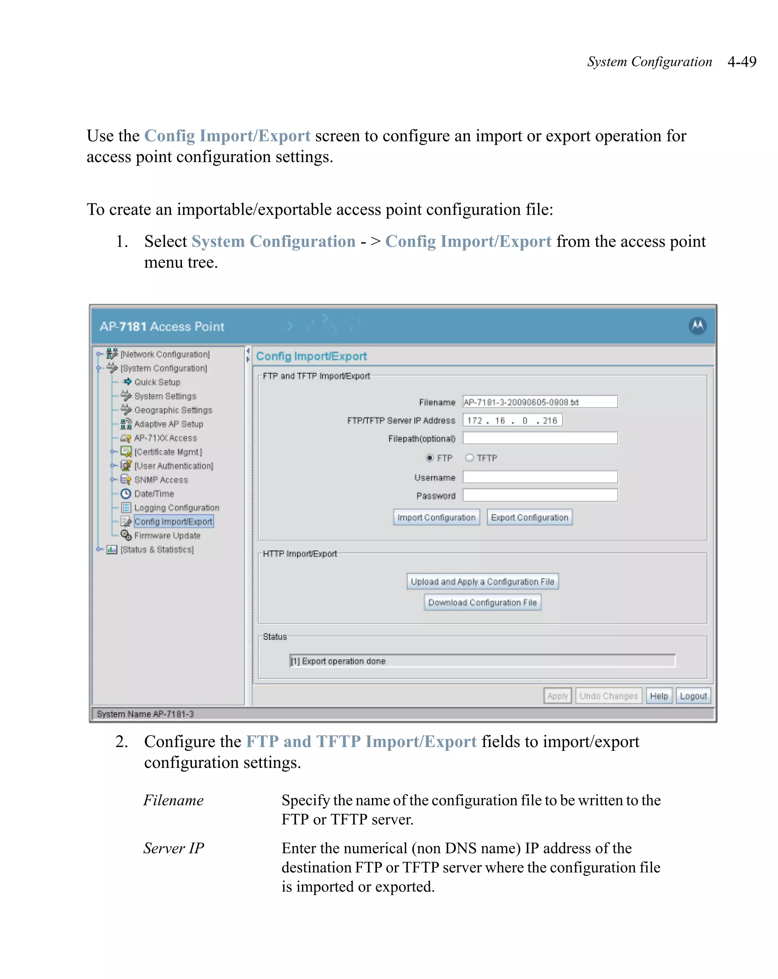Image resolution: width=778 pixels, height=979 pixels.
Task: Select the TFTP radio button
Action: pos(470,458)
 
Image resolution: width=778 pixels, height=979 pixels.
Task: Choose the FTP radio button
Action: pos(429,458)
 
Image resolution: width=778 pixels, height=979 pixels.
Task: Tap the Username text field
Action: pos(539,477)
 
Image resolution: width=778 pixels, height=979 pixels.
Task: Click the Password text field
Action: pos(539,495)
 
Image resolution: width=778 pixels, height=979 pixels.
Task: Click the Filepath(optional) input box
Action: pos(539,438)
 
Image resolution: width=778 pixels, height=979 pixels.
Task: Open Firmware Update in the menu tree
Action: pos(167,535)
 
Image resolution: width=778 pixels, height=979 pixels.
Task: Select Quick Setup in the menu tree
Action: pos(157,382)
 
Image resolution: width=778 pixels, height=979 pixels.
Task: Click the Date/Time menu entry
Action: pos(153,493)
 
